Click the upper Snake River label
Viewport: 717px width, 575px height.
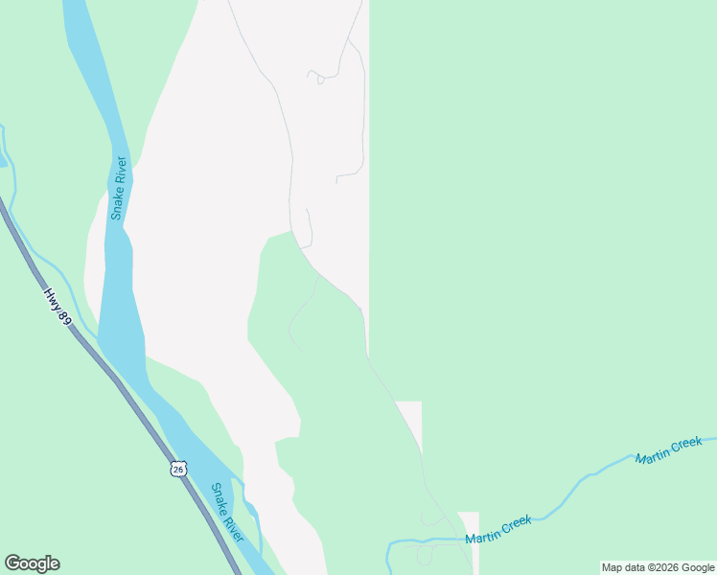coord(119,188)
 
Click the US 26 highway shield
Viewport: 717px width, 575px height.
coord(179,468)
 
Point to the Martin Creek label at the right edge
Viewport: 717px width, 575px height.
coord(669,449)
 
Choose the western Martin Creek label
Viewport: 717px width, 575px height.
coord(498,530)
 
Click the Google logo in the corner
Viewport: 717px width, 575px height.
coord(32,563)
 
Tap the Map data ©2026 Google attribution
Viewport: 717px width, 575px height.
coord(659,567)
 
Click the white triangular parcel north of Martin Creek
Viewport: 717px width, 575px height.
coord(410,420)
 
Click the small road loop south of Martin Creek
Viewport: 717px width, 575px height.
coord(425,555)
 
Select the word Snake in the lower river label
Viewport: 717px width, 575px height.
coord(220,498)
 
